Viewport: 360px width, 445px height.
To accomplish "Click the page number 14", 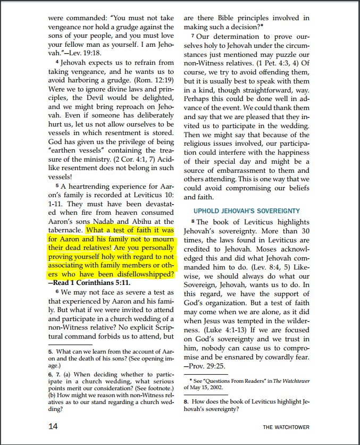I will (54, 426).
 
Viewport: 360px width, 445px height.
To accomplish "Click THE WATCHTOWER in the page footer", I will (286, 427).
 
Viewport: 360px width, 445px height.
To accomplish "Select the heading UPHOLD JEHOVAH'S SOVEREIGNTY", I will (246, 211).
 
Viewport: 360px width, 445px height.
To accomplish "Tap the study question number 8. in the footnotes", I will (187, 402).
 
